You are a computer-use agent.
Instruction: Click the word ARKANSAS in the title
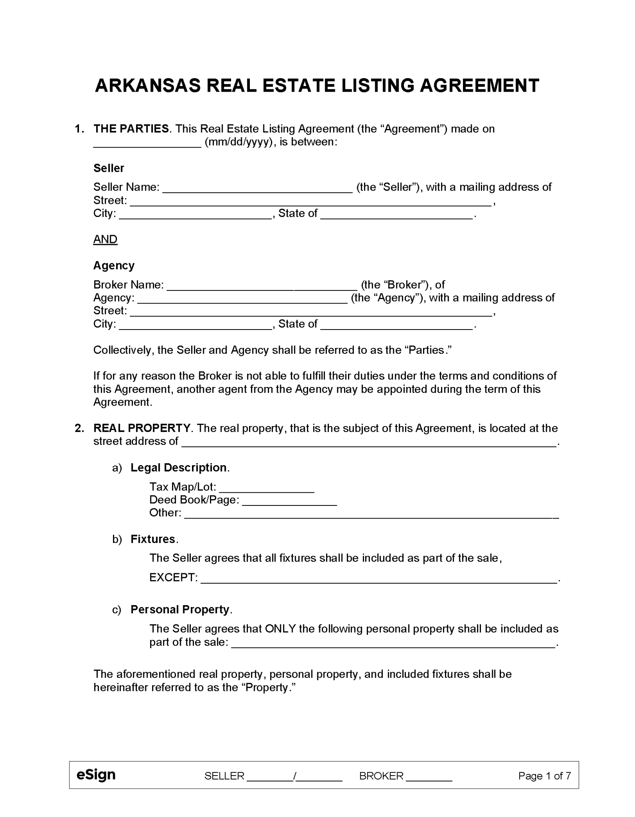pyautogui.click(x=148, y=86)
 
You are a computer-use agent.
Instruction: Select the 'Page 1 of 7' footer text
pyautogui.click(x=544, y=776)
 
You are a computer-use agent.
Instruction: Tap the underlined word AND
pyautogui.click(x=105, y=239)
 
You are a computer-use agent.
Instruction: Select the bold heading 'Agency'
pyautogui.click(x=114, y=265)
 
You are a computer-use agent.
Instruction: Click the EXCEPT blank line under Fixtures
pyautogui.click(x=378, y=579)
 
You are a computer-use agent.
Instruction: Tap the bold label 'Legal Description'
pyautogui.click(x=178, y=468)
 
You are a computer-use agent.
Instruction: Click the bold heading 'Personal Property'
pyautogui.click(x=180, y=610)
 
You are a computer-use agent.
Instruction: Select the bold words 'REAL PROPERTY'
pyautogui.click(x=142, y=428)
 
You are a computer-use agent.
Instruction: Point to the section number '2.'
pyautogui.click(x=79, y=428)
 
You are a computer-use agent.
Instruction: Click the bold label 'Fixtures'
pyautogui.click(x=153, y=539)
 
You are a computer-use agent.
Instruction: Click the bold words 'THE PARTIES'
pyautogui.click(x=131, y=129)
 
